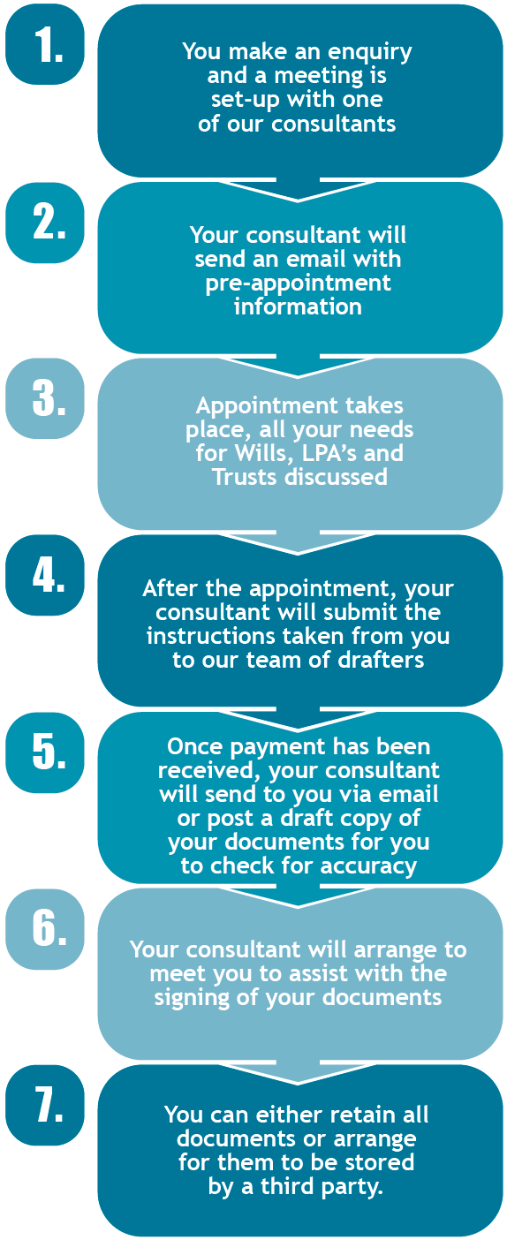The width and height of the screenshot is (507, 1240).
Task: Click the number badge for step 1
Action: tap(45, 45)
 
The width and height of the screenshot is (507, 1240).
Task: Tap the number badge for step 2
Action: tap(45, 223)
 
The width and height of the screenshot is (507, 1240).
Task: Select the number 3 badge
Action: tap(45, 398)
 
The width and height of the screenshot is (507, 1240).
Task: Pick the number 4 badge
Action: tap(45, 575)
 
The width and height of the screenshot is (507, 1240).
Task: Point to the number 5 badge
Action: tap(45, 752)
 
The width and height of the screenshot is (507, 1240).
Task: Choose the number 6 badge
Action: tap(45, 929)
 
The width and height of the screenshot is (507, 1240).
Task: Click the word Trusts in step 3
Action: tap(246, 477)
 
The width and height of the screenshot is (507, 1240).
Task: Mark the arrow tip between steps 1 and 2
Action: tap(298, 200)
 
